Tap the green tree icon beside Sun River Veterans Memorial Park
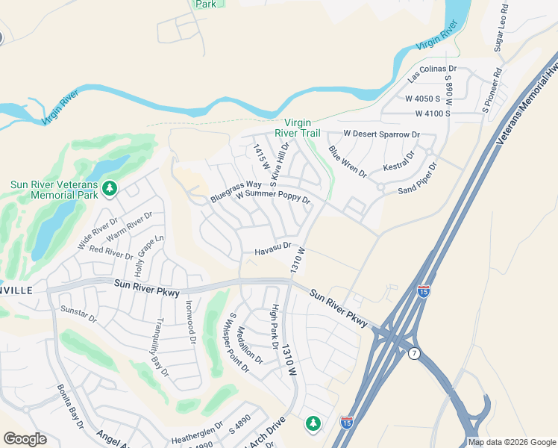pyautogui.click(x=110, y=187)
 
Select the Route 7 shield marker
pyautogui.click(x=414, y=354)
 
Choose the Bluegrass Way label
pyautogui.click(x=236, y=191)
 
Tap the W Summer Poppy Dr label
pyautogui.click(x=272, y=199)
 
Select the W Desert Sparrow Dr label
pyautogui.click(x=381, y=134)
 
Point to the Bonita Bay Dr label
pyautogui.click(x=70, y=407)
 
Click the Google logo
pyautogui.click(x=25, y=439)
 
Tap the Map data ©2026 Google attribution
pyautogui.click(x=512, y=442)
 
